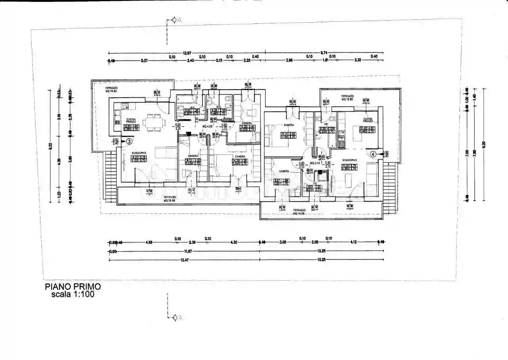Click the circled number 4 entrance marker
(373, 154)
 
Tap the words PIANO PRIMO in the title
(73, 286)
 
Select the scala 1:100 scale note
(73, 295)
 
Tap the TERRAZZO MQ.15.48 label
(170, 198)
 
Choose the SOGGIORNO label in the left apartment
(139, 153)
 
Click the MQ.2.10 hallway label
(315, 163)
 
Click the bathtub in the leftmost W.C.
(183, 108)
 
